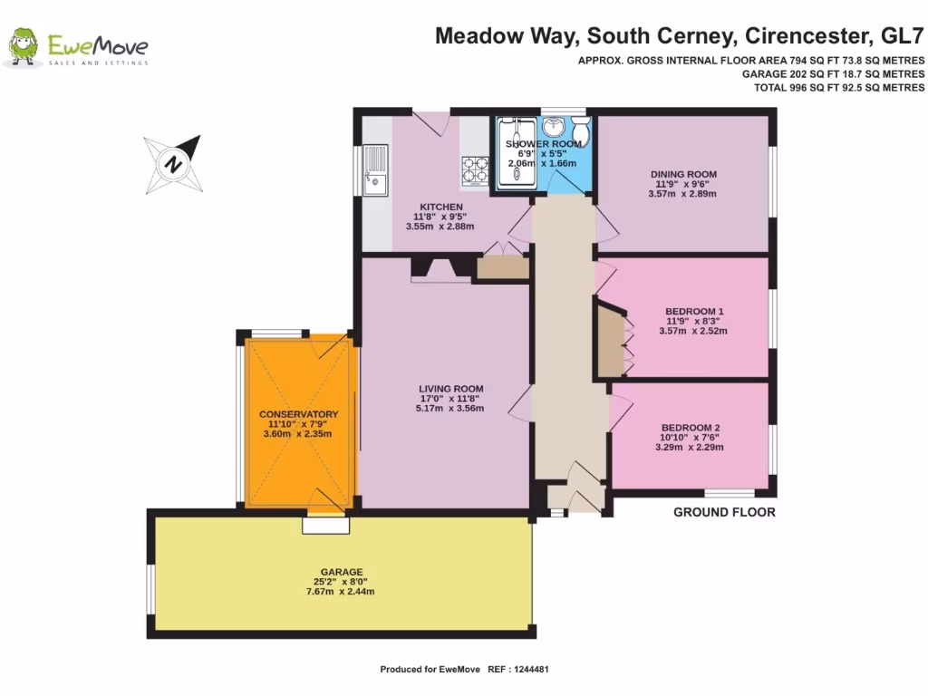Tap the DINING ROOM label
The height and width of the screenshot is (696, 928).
pyautogui.click(x=683, y=174)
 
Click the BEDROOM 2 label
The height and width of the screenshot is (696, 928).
pyautogui.click(x=691, y=428)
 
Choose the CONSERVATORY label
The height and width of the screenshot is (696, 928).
pyautogui.click(x=297, y=414)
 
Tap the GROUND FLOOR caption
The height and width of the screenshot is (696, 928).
pyautogui.click(x=723, y=512)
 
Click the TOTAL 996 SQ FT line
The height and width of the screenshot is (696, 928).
pyautogui.click(x=839, y=88)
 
